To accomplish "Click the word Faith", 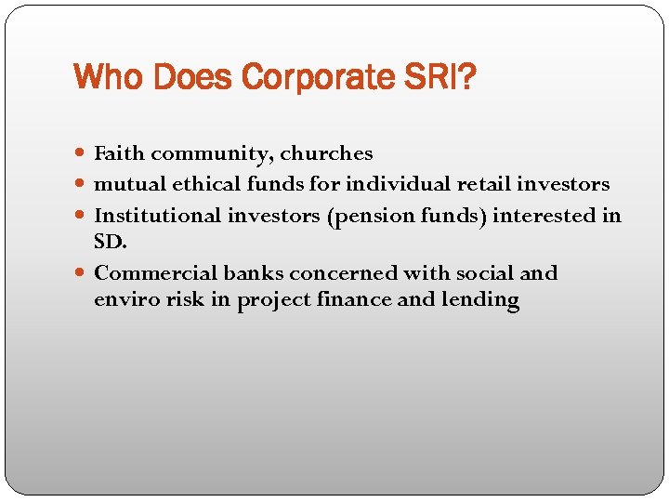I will tap(120, 153).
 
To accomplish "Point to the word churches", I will tap(326, 153).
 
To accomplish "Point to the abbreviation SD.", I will tap(110, 241).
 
